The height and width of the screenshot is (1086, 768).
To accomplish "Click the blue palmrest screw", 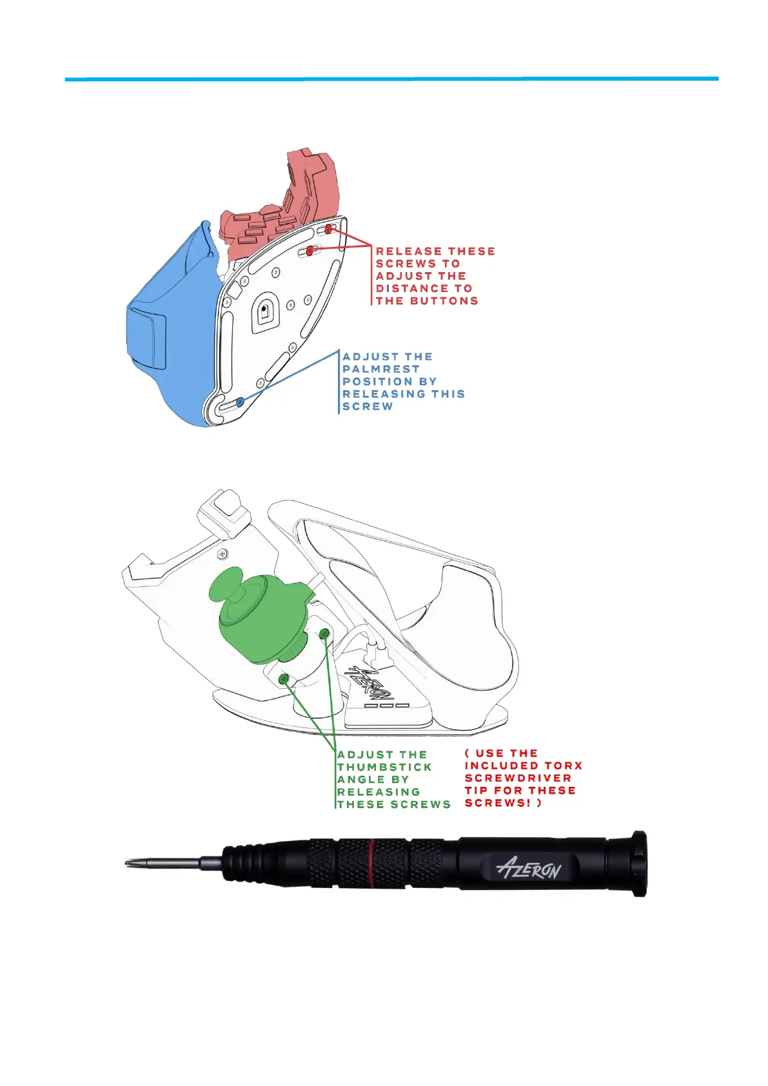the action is [240, 402].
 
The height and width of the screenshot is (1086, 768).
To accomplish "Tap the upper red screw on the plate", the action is [328, 229].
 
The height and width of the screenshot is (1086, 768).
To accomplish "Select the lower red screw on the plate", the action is [310, 251].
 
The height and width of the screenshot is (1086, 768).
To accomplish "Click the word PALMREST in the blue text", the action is [380, 369].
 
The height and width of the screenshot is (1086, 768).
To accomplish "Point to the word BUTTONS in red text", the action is [447, 301].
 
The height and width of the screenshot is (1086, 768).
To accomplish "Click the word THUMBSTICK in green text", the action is [384, 767].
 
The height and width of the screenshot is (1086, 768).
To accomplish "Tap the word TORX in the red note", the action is [563, 765].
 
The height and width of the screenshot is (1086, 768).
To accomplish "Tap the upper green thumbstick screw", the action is [324, 633].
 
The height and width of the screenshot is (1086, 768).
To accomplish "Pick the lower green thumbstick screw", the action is [283, 679].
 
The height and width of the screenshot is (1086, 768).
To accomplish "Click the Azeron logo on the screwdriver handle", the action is [529, 869].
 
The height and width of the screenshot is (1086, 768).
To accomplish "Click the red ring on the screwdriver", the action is [372, 862].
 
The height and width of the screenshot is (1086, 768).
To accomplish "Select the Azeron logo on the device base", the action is [368, 684].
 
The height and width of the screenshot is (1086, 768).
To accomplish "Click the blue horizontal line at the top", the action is [391, 79].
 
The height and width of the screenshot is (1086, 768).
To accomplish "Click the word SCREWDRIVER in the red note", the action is [518, 778].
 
